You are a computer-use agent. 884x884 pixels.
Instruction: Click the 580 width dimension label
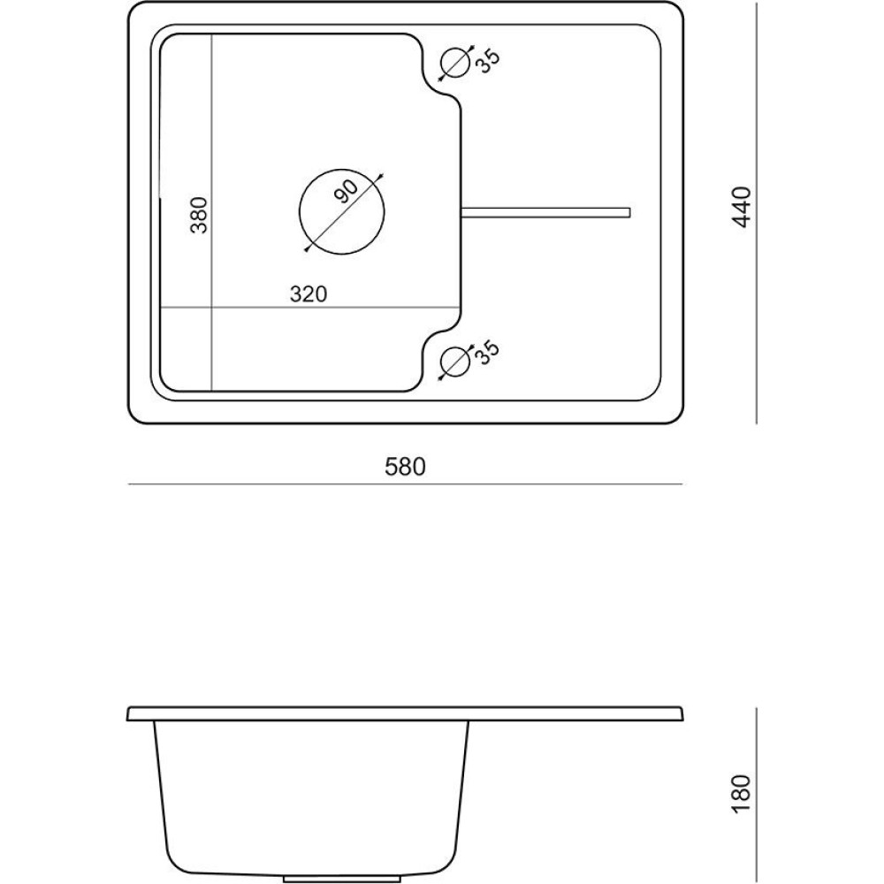(x=405, y=467)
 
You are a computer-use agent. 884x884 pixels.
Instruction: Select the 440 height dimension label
(x=743, y=206)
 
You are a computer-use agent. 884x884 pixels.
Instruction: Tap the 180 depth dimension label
(x=743, y=793)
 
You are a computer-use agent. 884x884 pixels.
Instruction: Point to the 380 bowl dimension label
(x=199, y=215)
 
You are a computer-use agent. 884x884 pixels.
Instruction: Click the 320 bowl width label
(x=309, y=293)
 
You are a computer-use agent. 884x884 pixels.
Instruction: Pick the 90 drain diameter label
(x=346, y=192)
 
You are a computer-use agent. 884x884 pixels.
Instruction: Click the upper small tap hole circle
(x=455, y=62)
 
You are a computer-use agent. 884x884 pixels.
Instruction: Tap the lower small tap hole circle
(x=455, y=362)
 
